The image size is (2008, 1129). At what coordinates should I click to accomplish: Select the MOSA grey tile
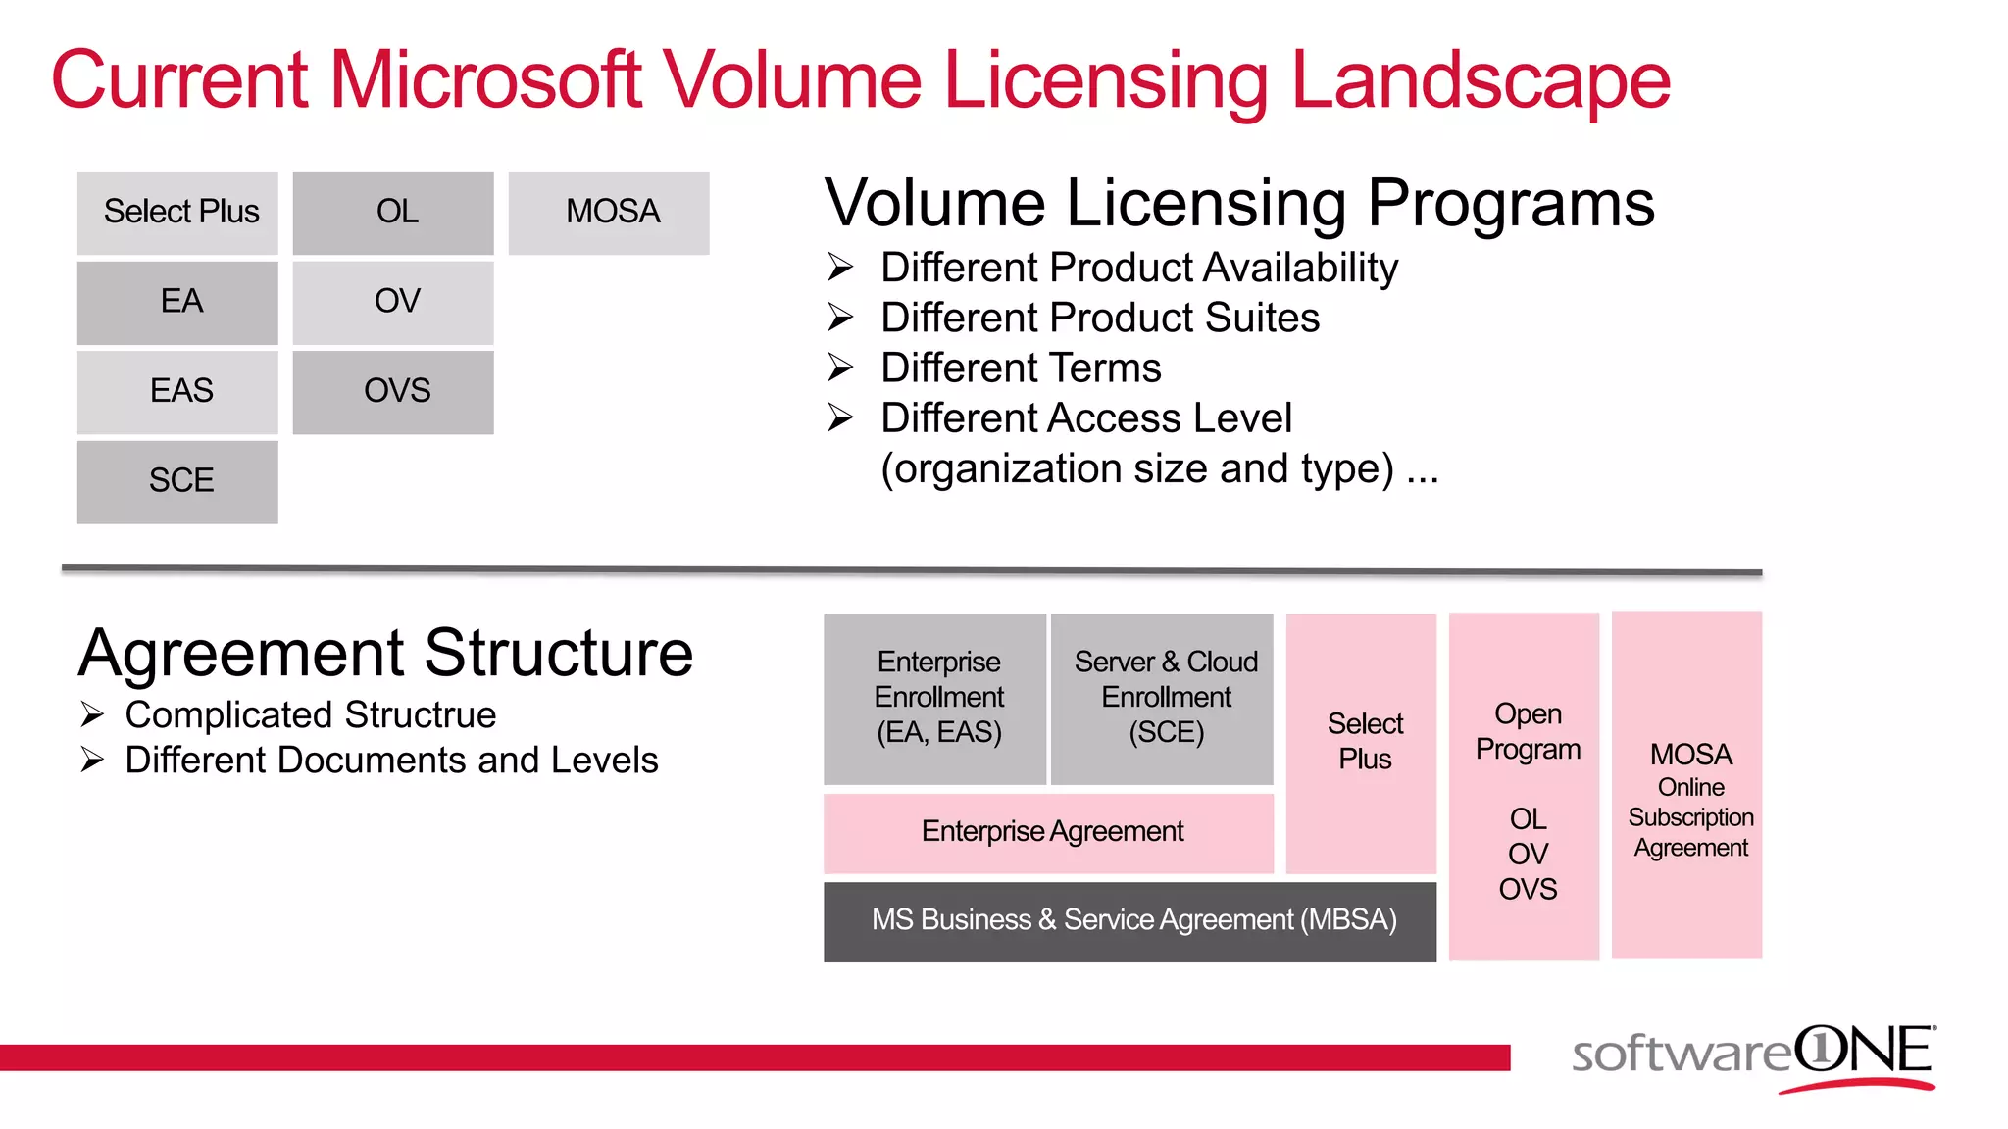609,213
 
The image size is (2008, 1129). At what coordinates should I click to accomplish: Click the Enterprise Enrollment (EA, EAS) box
935,698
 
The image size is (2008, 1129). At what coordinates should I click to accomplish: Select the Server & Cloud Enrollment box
1163,698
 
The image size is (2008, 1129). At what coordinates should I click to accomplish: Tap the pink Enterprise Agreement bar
1049,832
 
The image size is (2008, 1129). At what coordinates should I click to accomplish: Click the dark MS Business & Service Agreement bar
1129,920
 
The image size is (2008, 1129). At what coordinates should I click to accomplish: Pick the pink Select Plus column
1362,742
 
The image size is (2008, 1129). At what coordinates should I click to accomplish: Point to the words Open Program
1527,731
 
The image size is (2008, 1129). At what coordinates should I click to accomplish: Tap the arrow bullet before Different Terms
840,368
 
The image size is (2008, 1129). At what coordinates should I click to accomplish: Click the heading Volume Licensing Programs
1239,203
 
